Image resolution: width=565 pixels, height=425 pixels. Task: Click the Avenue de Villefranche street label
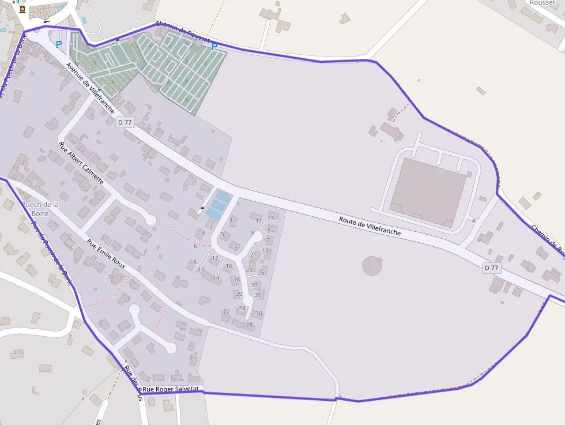[90, 88]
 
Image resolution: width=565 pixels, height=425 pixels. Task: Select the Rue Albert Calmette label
[81, 163]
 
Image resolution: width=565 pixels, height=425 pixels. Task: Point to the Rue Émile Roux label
[106, 254]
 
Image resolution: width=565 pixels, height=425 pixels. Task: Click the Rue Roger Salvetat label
[171, 389]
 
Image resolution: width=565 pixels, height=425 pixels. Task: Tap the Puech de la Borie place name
[40, 209]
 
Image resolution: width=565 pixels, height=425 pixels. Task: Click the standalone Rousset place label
[542, 3]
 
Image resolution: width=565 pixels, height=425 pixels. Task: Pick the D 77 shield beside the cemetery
[125, 122]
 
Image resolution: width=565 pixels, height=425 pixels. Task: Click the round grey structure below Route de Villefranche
[372, 265]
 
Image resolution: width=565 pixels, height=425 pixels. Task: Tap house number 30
[259, 314]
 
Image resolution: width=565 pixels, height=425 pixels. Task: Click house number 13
[270, 218]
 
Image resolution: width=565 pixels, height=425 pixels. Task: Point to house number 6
[195, 246]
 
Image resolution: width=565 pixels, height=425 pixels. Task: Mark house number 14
[216, 277]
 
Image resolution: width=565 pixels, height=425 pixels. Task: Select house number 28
[250, 325]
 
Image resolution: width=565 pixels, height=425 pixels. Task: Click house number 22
[227, 311]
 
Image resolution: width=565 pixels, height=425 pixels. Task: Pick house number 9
[252, 233]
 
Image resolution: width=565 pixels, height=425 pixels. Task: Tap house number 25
[261, 273]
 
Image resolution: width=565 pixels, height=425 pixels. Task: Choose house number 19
[266, 251]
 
